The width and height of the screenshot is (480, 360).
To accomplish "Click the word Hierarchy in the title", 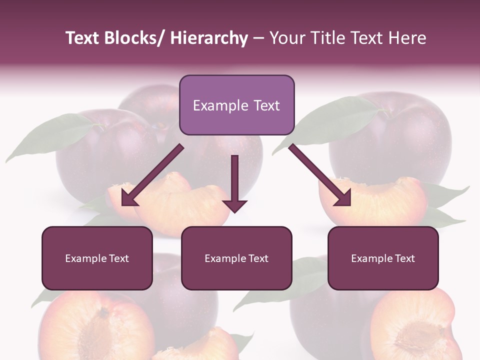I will point(209,38).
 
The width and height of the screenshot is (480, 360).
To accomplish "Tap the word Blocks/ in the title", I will point(134,38).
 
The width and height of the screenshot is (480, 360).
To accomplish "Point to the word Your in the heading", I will point(286,38).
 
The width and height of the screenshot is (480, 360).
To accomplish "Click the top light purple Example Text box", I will point(236,105).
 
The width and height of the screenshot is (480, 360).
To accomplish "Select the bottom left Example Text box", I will point(97,258).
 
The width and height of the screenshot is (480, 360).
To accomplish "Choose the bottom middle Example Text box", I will point(236,258).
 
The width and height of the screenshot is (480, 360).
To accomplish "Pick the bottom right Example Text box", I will point(383,258).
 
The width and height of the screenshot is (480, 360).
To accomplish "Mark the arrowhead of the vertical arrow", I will point(234,204).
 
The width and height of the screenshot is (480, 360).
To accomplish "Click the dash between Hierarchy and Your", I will point(258,39).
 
